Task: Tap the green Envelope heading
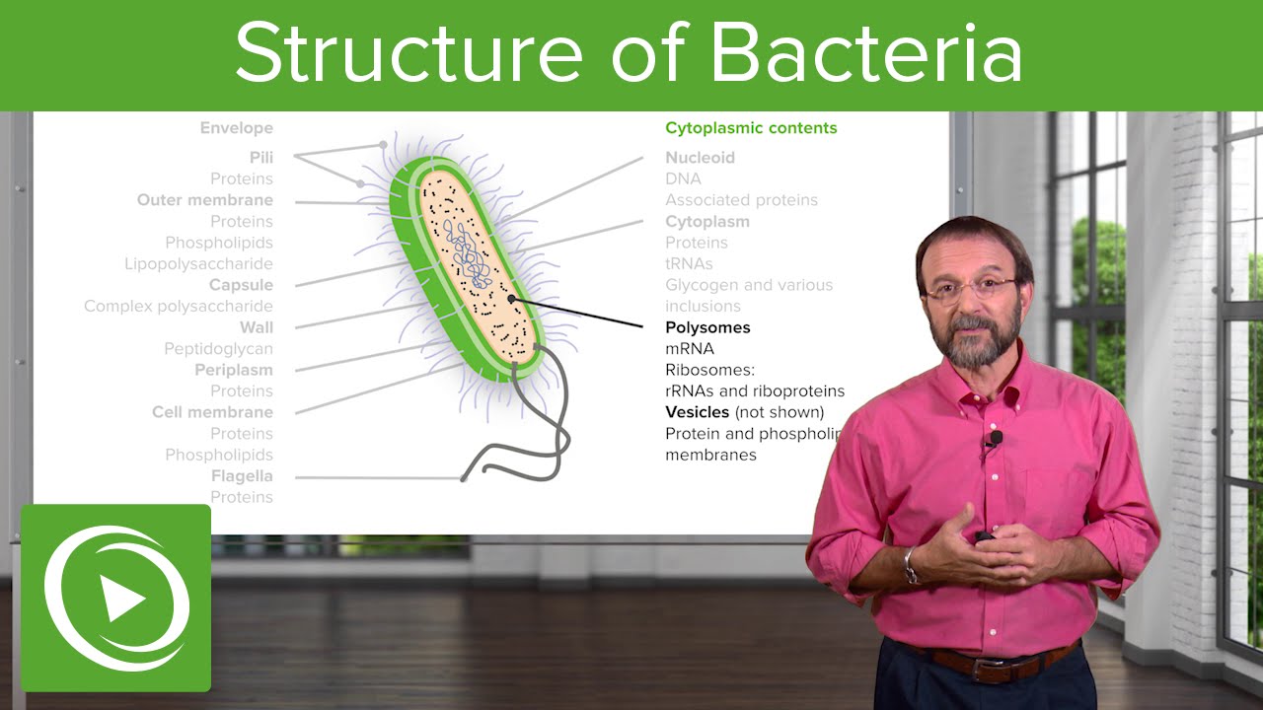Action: point(236,128)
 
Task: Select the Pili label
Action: point(261,158)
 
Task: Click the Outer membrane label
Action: point(205,200)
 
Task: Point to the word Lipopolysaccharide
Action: point(198,264)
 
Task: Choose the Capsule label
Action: point(241,285)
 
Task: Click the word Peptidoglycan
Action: point(218,349)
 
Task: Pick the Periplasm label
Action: point(233,371)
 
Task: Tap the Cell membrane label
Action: point(212,412)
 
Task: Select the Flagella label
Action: point(242,476)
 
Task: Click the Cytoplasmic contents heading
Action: point(751,128)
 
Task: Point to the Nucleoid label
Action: point(700,158)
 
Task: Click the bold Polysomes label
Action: point(707,327)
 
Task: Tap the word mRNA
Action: point(690,349)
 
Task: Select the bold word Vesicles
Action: point(697,412)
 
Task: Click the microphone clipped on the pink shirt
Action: point(995,437)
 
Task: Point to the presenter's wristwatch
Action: point(912,565)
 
